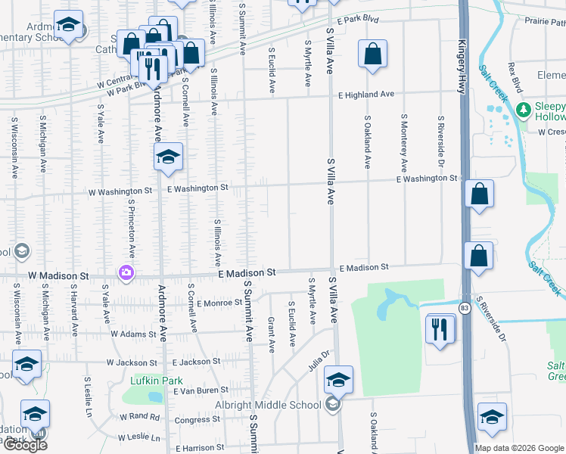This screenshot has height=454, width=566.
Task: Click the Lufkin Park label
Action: (x=157, y=380)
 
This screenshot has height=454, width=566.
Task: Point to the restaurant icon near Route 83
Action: (x=440, y=329)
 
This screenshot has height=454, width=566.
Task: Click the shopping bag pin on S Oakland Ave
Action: (x=372, y=54)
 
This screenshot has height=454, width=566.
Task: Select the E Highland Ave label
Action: (x=366, y=95)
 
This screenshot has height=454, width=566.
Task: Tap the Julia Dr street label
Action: (x=320, y=355)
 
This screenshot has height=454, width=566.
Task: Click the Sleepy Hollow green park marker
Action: (x=522, y=110)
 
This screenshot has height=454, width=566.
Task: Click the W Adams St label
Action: (x=132, y=333)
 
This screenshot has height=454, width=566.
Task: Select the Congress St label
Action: (x=197, y=420)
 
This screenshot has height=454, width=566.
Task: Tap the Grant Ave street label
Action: (x=271, y=335)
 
